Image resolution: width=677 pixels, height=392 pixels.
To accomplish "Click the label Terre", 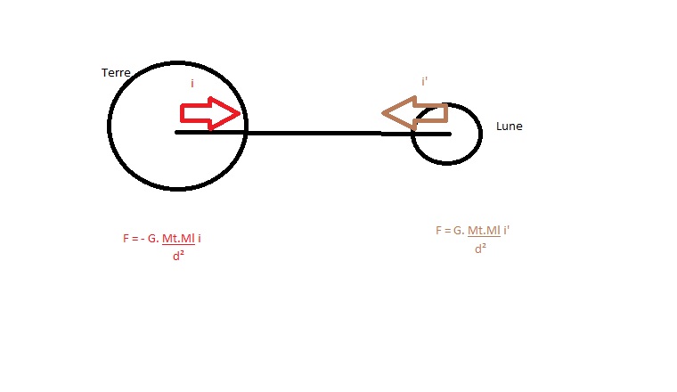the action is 116,72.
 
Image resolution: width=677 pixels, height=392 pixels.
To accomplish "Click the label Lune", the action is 509,126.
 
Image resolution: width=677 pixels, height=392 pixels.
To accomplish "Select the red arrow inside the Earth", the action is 210,113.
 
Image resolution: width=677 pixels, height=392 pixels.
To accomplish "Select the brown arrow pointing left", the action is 414,113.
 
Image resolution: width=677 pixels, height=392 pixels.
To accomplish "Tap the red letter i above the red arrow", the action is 192,84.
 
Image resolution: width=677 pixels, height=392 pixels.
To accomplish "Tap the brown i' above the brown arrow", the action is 424,81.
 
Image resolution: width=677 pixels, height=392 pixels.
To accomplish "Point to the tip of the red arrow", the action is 240,113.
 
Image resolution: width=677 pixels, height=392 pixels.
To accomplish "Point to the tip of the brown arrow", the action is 382,113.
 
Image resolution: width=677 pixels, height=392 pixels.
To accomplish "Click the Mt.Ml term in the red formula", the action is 178,238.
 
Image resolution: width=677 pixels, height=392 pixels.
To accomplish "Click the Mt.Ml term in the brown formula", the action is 484,231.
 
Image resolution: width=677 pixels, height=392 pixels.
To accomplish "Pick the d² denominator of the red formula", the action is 178,256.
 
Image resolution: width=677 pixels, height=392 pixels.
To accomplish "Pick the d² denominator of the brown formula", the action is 480,249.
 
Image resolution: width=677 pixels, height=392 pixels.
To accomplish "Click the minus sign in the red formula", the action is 143,239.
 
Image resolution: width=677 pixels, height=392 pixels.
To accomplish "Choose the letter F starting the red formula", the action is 126,238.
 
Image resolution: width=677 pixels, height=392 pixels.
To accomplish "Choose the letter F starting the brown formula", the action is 438,231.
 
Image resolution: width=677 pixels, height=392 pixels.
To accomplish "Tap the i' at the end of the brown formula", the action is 507,230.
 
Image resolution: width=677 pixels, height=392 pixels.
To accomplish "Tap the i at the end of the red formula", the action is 199,238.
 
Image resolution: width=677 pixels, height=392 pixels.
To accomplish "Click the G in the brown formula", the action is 458,231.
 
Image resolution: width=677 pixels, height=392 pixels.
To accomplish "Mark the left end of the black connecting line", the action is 175,133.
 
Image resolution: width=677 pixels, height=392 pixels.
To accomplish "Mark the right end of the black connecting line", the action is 451,134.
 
